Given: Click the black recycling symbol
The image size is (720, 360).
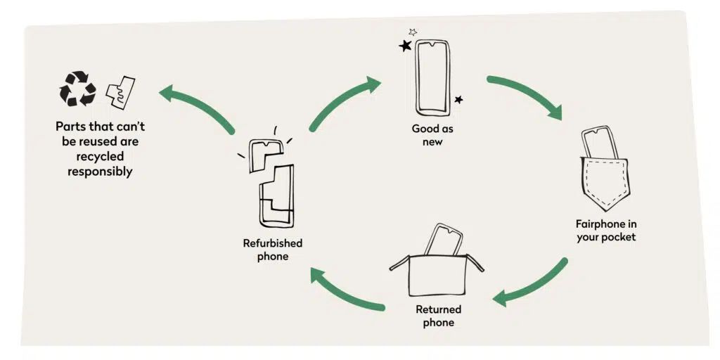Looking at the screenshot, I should (77, 89).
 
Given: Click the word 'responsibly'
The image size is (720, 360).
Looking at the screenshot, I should (100, 171).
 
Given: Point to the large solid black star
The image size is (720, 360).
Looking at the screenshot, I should (405, 46).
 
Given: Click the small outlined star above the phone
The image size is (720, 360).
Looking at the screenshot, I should (413, 32).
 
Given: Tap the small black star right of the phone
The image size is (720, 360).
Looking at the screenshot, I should (458, 100).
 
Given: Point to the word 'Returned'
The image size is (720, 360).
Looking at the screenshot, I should (438, 309).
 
